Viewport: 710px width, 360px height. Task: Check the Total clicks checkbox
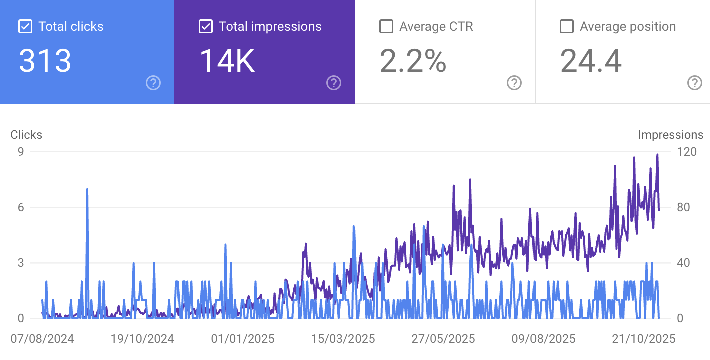25,26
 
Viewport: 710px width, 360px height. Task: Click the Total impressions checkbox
205,26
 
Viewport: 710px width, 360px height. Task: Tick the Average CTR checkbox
386,26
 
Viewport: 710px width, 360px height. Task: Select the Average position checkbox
566,26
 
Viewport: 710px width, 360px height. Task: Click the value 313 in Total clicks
45,61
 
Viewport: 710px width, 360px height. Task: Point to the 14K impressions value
227,61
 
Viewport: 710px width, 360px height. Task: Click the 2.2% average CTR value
413,61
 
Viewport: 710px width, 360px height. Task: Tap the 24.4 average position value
591,61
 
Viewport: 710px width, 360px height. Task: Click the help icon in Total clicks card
153,83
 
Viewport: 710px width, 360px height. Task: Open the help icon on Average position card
694,83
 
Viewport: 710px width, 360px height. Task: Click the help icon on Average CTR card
514,83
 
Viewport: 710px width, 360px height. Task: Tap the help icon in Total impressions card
334,83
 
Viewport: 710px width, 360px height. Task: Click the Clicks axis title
26,135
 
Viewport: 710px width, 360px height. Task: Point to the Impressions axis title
670,135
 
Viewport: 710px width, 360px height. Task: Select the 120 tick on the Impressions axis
686,151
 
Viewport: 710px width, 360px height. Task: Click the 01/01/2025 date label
243,339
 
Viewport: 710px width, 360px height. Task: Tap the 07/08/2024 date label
42,339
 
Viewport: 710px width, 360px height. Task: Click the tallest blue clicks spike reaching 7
87,191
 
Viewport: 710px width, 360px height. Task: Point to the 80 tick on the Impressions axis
683,207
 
